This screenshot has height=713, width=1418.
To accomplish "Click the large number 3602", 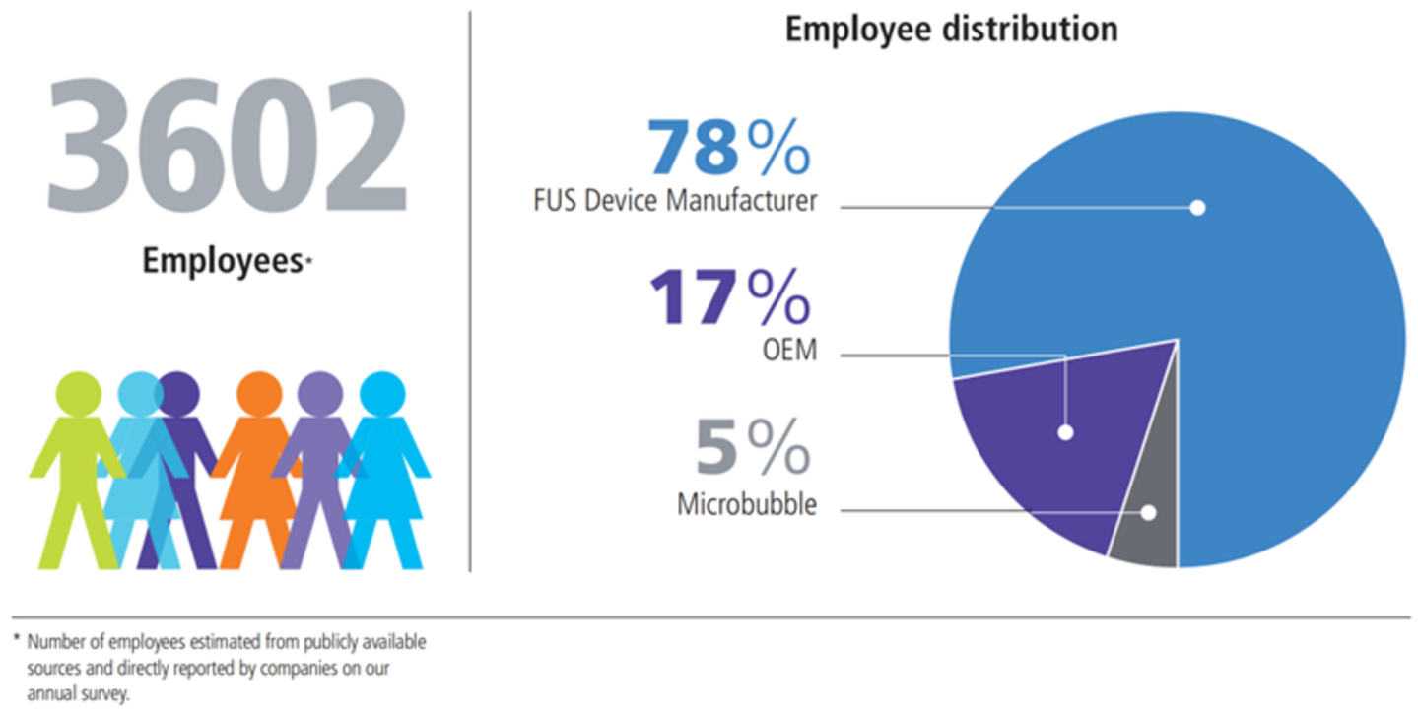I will [x=227, y=145].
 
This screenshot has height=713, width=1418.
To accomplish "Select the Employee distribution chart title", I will [x=951, y=30].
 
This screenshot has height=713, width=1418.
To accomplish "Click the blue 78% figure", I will [x=729, y=148].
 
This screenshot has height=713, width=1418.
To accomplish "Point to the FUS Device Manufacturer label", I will [x=675, y=201].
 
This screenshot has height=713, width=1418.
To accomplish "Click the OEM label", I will [x=790, y=350].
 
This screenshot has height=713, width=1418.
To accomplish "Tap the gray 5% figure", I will [x=753, y=448].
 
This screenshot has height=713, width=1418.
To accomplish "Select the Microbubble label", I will [x=747, y=505].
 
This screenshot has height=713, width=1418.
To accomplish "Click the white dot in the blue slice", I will [x=1197, y=207].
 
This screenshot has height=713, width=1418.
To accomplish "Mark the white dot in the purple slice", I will [x=1065, y=432].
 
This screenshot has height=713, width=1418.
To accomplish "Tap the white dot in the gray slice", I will [x=1148, y=512].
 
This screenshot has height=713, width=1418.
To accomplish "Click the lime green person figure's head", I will [x=78, y=394].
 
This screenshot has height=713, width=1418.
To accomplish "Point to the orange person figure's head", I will [x=260, y=394].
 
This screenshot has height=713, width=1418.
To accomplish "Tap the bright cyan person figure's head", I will [x=382, y=394].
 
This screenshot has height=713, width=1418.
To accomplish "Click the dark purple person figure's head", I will [x=179, y=392].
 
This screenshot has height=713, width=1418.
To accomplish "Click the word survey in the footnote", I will [x=110, y=694].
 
